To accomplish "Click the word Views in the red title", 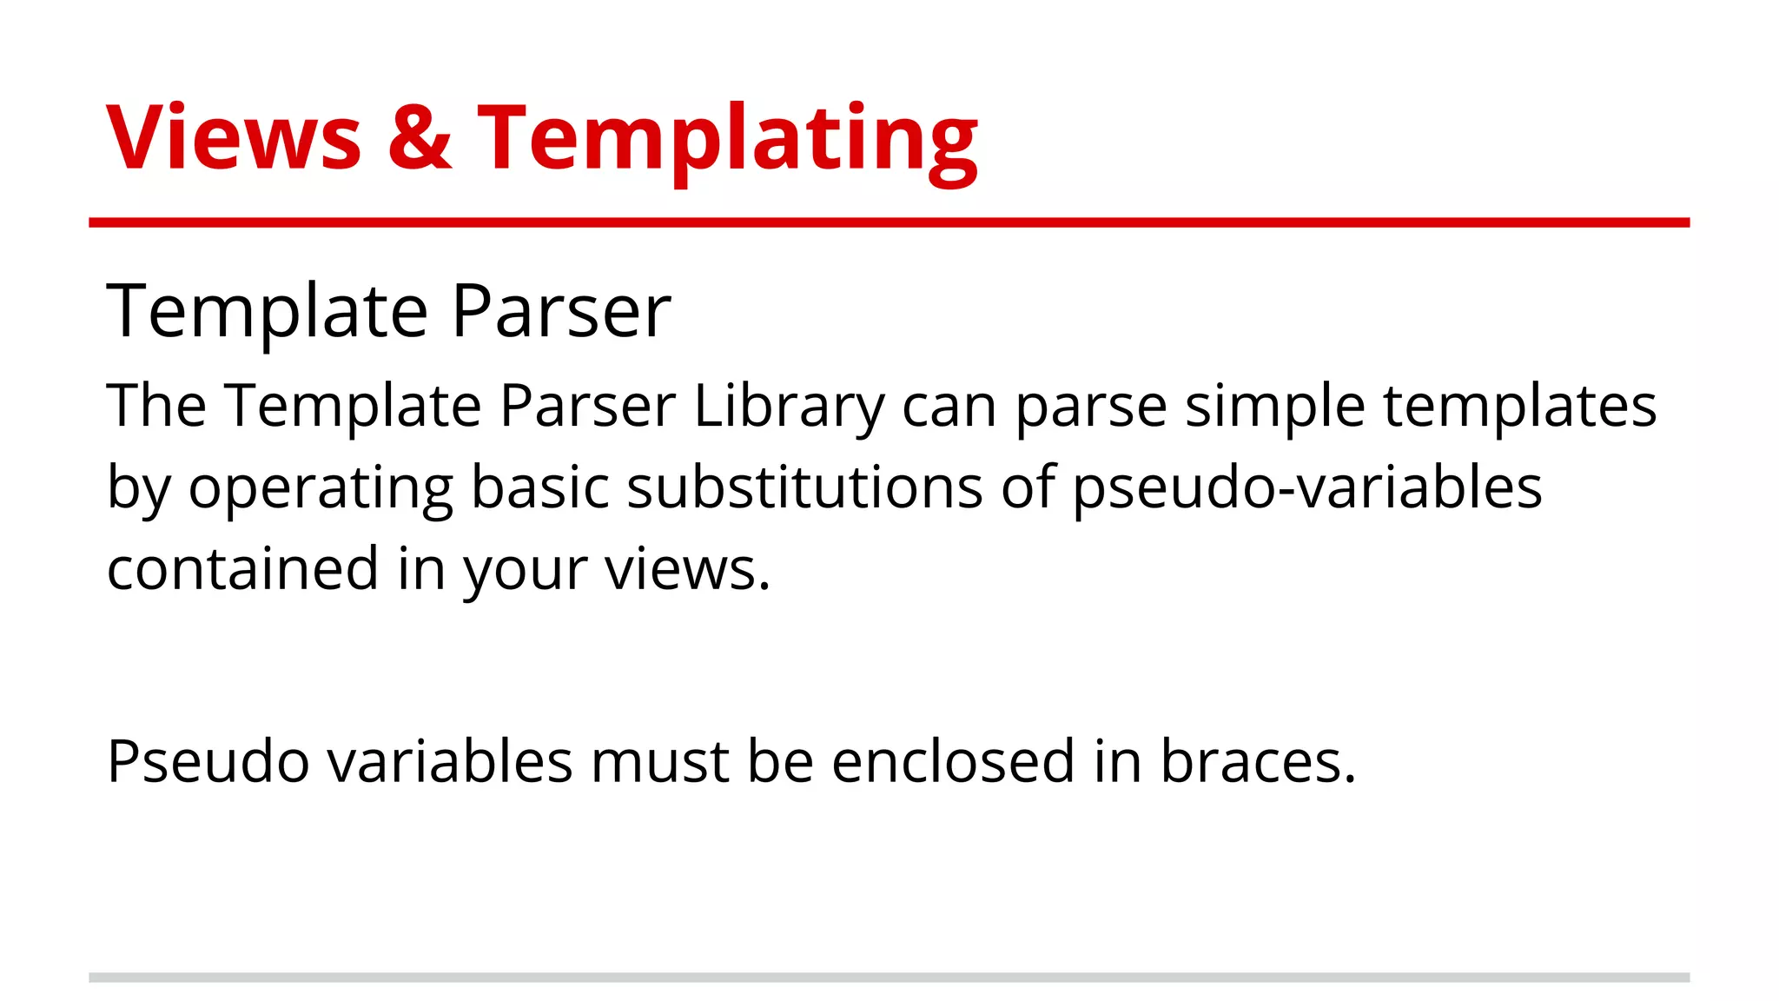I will [x=233, y=137].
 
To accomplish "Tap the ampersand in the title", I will [x=420, y=137].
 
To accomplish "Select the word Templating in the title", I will [x=728, y=139].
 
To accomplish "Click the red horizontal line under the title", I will [x=889, y=222].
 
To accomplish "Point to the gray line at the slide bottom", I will [x=889, y=978].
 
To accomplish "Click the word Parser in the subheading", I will [x=561, y=310].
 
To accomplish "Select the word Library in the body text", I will [x=789, y=407].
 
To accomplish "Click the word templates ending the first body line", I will [x=1519, y=407].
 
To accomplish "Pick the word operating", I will [x=321, y=488].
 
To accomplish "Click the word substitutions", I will [x=805, y=487].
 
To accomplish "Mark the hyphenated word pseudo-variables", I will [x=1307, y=488].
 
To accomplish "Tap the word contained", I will [x=242, y=568].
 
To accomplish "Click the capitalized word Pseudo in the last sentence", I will [x=208, y=761].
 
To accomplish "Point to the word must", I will [x=659, y=761].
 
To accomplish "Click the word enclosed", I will [x=953, y=761].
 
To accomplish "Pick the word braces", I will [x=1257, y=761].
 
